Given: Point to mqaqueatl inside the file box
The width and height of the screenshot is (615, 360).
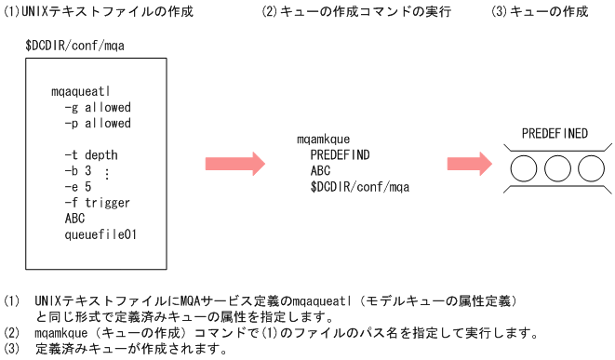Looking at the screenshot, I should coord(82,92).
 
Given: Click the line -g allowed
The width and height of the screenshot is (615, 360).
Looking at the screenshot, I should coord(98,108).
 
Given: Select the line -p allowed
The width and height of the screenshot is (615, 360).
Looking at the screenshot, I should coord(98,123).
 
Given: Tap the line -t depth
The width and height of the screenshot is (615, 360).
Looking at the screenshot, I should coord(91,154).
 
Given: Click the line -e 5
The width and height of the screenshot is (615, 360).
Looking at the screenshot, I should coord(78,186).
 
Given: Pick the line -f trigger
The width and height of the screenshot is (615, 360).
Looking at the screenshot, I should coord(98,202).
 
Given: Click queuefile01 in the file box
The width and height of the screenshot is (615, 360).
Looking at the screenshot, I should coord(100,234).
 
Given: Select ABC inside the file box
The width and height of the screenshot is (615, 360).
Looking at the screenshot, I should coord(74,218).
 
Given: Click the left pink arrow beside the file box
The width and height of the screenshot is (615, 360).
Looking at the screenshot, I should coord(235,164).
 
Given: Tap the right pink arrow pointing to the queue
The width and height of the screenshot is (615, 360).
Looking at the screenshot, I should coord(477,164).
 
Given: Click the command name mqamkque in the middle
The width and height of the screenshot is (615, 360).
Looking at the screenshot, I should coord(323,139).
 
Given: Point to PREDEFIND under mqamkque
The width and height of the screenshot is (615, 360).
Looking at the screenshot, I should coord(340,154).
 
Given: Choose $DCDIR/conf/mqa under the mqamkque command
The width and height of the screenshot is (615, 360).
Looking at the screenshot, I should coord(360,187).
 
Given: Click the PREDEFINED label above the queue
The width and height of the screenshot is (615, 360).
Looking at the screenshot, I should coord(555,133).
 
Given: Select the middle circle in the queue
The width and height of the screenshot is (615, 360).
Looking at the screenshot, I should coord(556,169).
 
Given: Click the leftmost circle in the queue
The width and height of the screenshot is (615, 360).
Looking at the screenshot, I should coord(525,169).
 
